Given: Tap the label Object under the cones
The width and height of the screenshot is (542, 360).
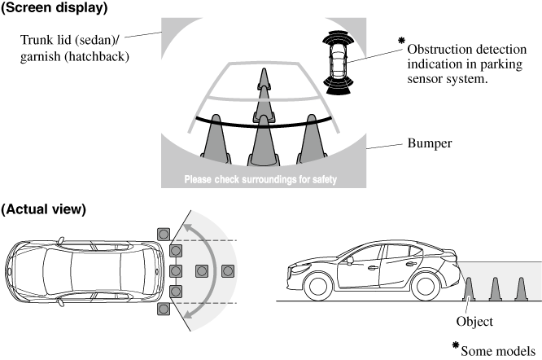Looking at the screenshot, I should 474,322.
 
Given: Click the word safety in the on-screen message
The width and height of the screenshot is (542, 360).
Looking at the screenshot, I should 317,179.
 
